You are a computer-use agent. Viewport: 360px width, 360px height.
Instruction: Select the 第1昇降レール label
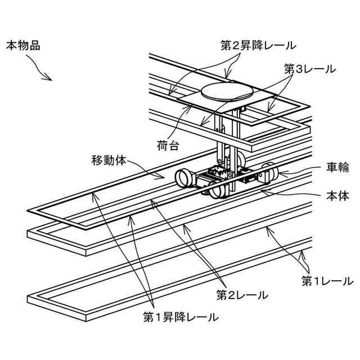tap(181, 317)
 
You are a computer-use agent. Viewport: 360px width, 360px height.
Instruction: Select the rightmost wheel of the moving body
tap(271, 173)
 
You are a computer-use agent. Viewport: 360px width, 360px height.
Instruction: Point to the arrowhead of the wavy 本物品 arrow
tap(50, 79)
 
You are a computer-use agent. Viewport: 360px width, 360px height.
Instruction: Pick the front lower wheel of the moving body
tap(218, 191)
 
